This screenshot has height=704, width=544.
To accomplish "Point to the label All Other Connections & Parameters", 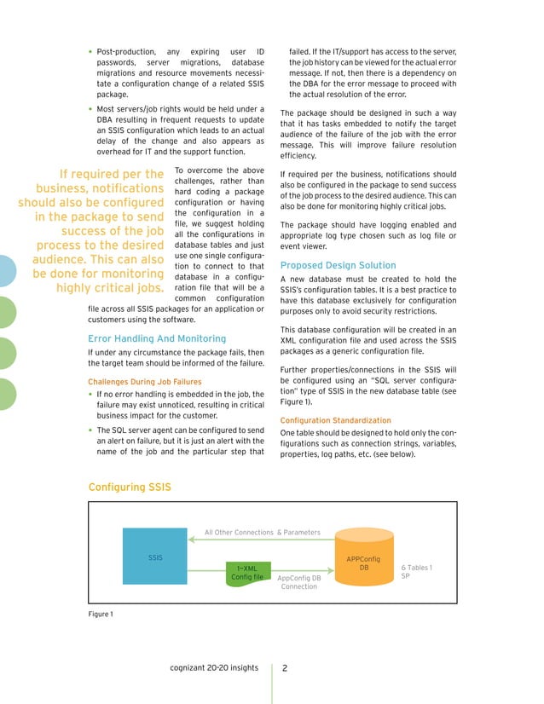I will coord(262,533).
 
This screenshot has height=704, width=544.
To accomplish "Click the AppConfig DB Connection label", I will coord(299,582).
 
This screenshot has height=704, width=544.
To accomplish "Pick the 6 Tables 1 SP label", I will coord(416,572).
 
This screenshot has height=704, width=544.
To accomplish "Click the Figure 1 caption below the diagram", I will coord(101,614).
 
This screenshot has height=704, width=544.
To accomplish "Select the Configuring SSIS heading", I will coord(130,487).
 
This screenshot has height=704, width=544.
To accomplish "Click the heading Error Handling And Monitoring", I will coord(157,338).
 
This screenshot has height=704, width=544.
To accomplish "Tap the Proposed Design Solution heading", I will coord(338,265).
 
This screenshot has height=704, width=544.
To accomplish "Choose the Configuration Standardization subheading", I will coord(335,421).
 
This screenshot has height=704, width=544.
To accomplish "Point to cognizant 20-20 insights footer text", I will coord(214,668).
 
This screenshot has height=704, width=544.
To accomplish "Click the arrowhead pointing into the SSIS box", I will coord(191,539).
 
